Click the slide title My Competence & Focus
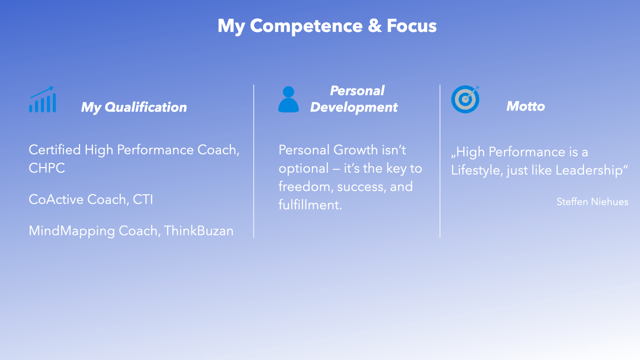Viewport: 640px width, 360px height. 327,26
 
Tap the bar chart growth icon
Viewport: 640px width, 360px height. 43,99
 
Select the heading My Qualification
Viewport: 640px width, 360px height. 134,107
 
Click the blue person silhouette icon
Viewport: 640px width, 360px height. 288,99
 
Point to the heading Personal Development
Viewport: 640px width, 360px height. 354,99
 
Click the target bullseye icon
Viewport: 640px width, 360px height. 465,99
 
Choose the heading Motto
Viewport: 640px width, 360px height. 526,106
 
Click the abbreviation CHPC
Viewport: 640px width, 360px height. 47,168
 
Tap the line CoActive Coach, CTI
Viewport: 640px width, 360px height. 91,200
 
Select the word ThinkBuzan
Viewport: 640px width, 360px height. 199,231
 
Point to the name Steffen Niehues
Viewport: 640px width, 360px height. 592,202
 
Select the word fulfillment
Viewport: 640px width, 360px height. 310,205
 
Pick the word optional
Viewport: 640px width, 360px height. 303,169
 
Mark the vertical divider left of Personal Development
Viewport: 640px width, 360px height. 254,161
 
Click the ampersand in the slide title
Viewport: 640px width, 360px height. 375,26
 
